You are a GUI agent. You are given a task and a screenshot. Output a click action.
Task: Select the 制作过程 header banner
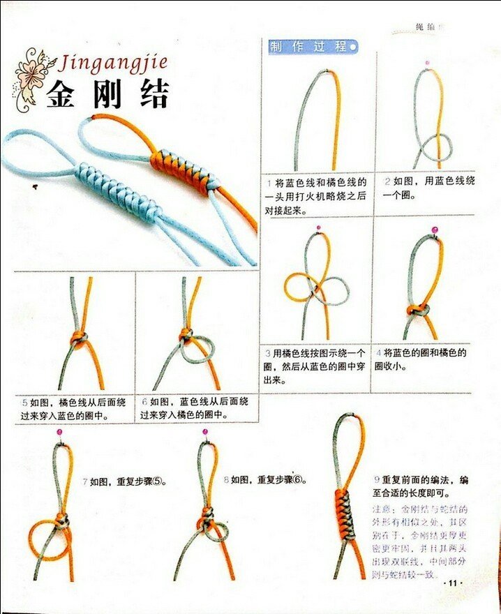[x=313, y=47]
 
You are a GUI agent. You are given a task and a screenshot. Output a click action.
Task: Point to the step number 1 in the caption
[x=269, y=182]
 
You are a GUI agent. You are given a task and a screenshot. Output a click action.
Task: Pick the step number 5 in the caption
[x=24, y=403]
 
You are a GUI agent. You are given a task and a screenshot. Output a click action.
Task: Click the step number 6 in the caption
[x=144, y=403]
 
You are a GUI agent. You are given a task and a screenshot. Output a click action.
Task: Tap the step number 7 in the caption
[x=84, y=481]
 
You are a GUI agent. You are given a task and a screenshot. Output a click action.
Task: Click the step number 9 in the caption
[x=377, y=481]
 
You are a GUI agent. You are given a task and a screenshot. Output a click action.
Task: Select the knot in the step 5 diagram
[x=79, y=338]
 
